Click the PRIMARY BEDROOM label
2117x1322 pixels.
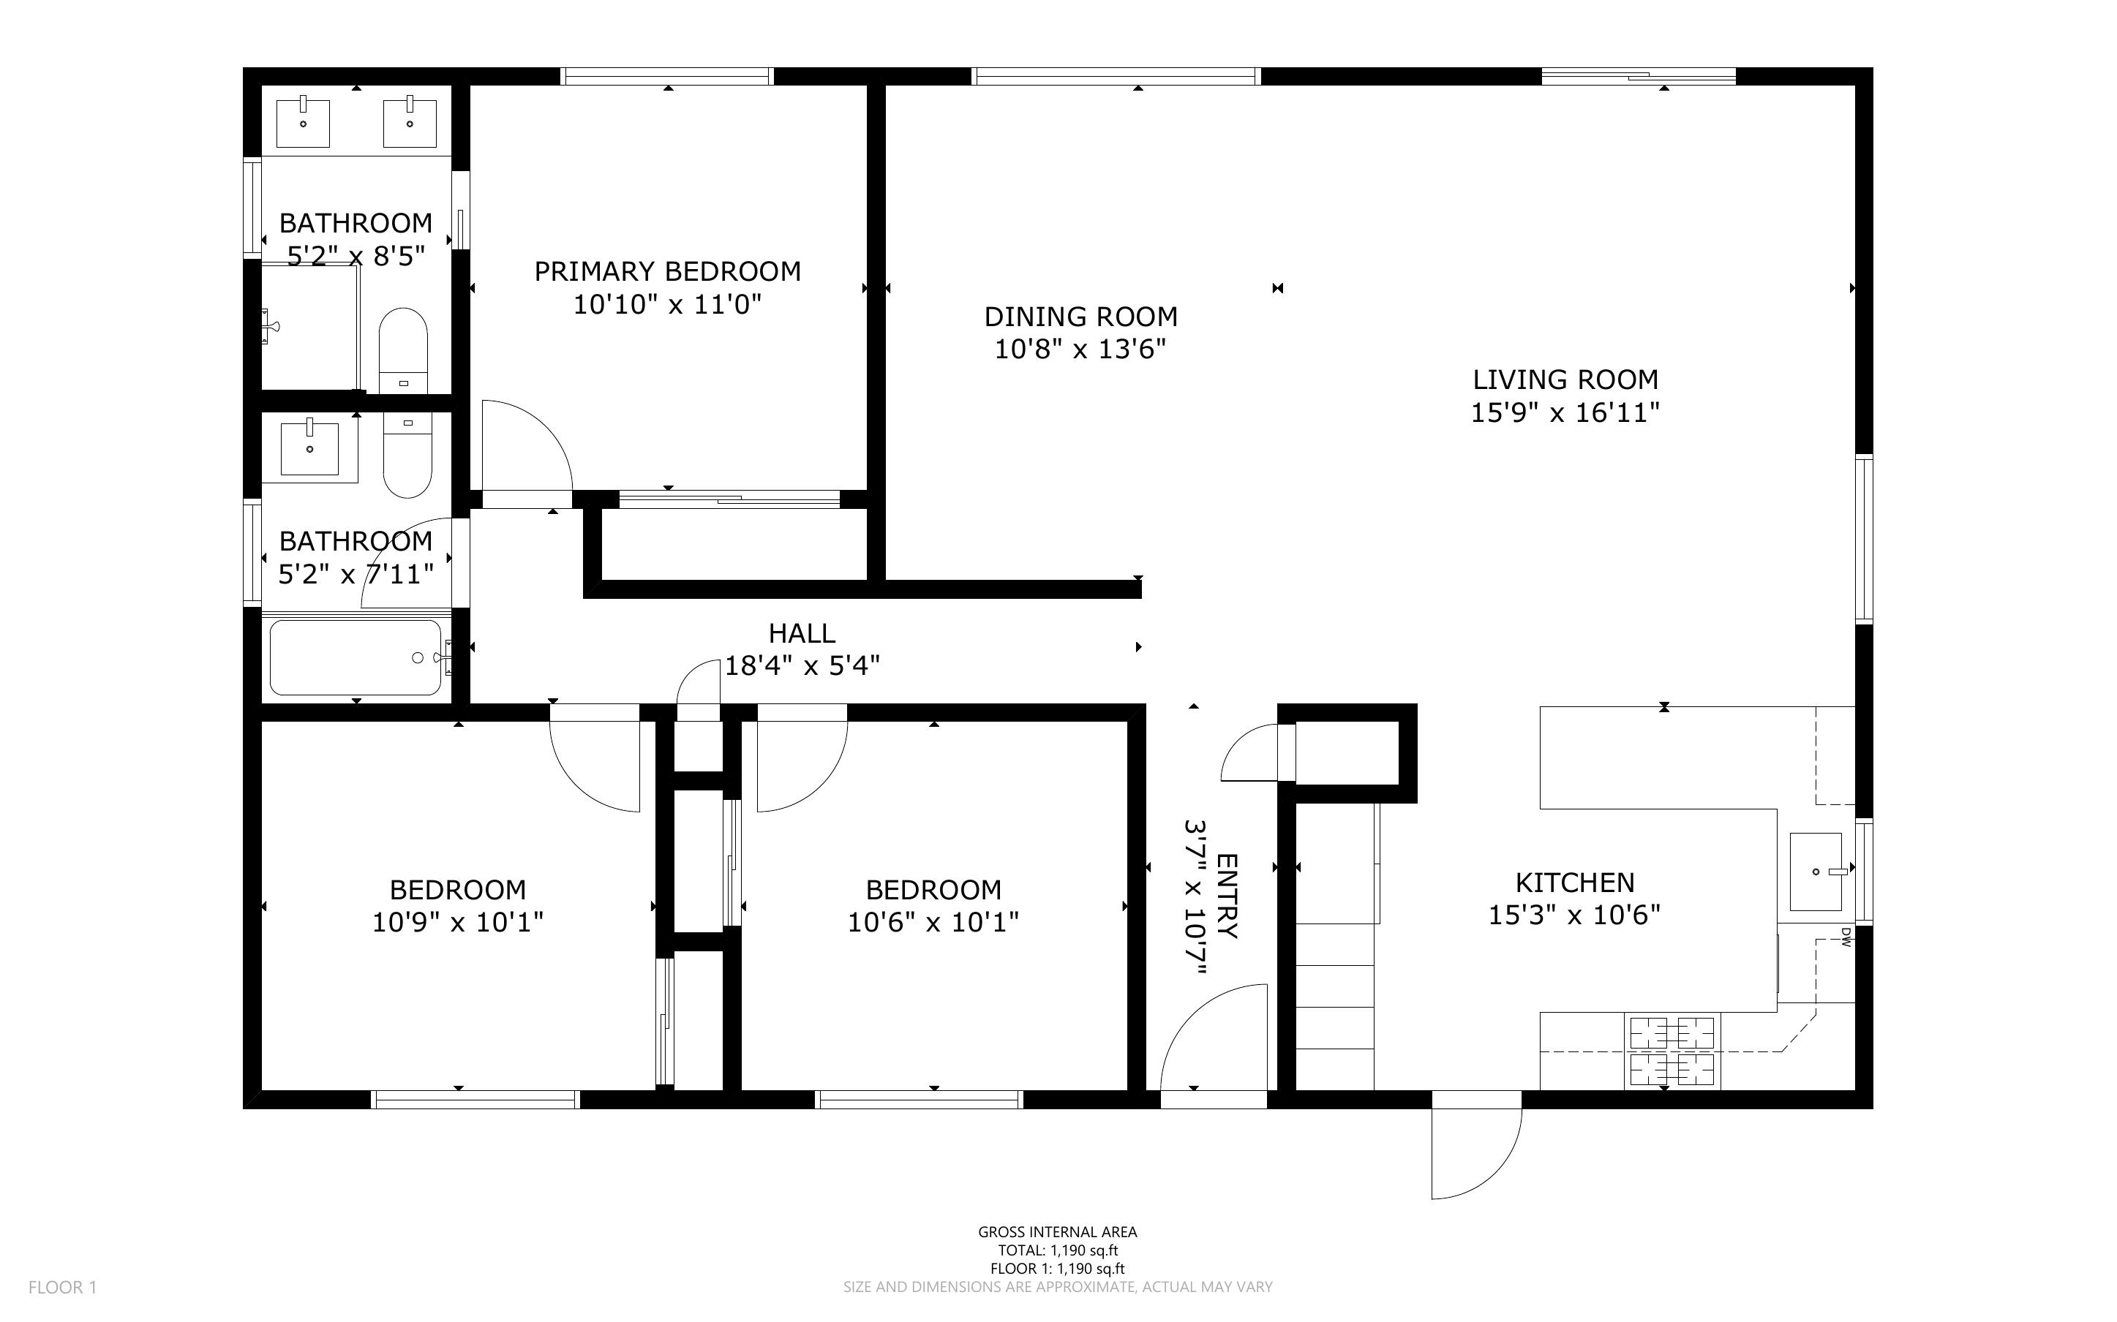point(667,272)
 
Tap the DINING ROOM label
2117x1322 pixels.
point(1080,317)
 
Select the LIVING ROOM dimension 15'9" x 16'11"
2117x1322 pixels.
point(1565,412)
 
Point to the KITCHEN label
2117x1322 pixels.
point(1575,883)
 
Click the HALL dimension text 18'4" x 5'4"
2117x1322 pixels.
point(802,666)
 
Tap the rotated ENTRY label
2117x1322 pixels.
point(1227,896)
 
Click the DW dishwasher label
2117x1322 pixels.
point(1846,937)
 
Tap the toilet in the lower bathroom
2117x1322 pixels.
point(407,456)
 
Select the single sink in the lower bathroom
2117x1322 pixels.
point(309,448)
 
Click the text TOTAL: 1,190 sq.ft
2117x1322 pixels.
point(1058,1250)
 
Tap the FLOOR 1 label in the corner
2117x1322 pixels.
point(62,1287)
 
